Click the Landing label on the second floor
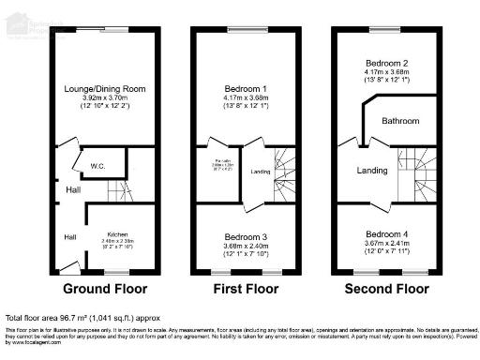(374, 171)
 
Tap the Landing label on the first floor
(261, 172)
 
